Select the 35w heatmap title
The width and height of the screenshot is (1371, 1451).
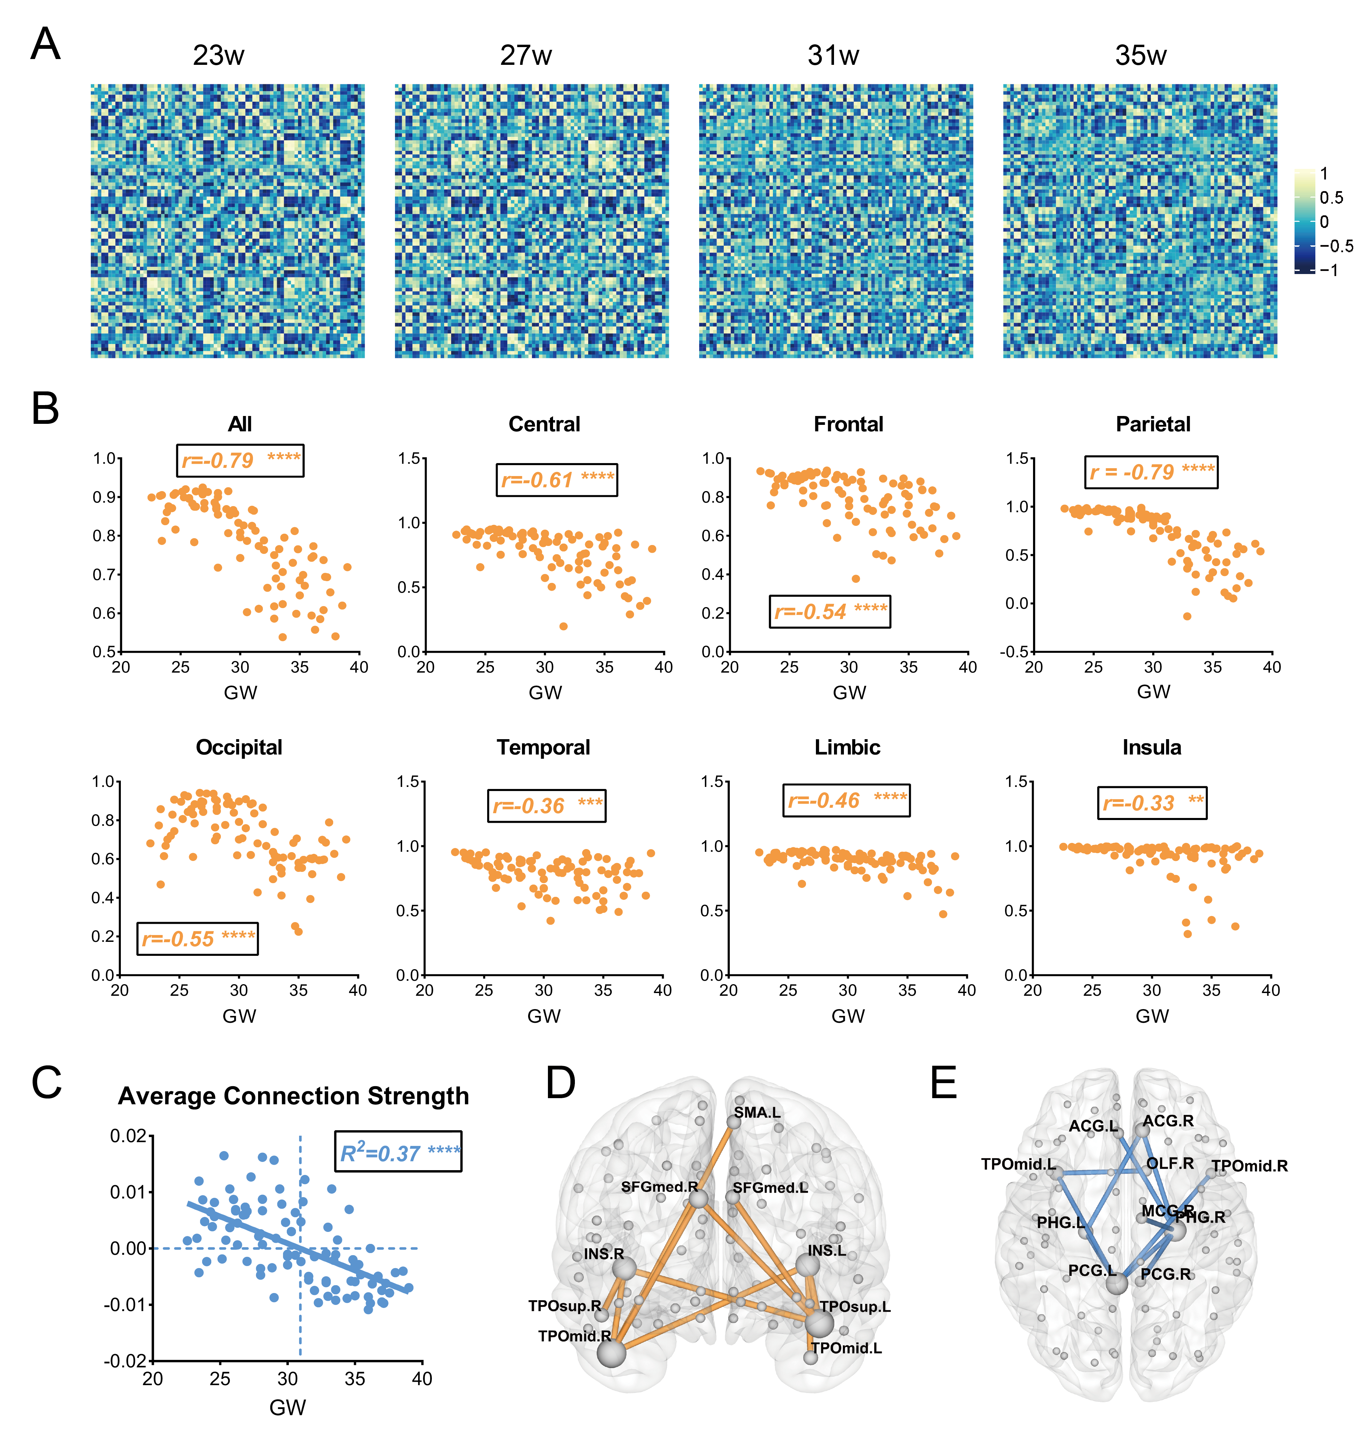pos(1140,56)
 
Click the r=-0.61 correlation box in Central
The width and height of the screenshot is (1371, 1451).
pos(557,480)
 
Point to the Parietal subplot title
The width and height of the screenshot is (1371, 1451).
pos(1153,425)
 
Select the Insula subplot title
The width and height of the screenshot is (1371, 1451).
pos(1152,747)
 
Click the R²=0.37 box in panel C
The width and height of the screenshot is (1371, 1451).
pos(398,1152)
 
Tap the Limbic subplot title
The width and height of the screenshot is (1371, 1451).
pos(848,747)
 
